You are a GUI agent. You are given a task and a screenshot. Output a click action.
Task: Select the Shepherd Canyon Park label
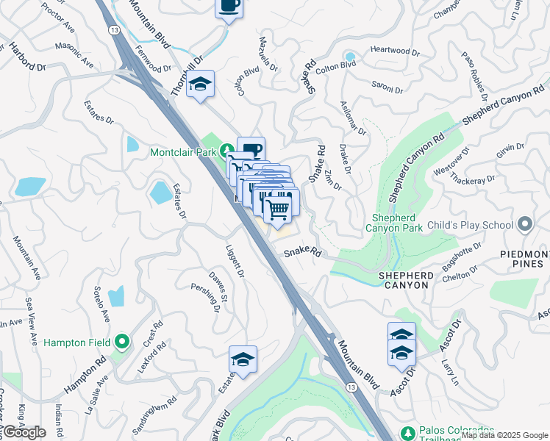coord(396,223)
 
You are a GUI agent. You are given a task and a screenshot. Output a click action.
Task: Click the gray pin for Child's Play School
coord(524,223)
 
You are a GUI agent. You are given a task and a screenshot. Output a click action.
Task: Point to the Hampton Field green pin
coord(123,342)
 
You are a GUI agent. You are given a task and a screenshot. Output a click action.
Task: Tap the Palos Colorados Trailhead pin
coord(407,431)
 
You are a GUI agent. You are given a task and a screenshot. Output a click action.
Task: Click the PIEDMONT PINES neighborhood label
coord(525,260)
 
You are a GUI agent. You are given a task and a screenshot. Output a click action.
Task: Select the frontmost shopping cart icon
coord(278,209)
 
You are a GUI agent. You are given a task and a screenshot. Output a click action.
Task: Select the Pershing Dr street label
coord(206,298)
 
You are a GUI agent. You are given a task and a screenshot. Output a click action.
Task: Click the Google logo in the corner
coord(24,432)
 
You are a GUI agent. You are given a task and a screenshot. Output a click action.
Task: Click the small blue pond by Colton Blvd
coord(350,56)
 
